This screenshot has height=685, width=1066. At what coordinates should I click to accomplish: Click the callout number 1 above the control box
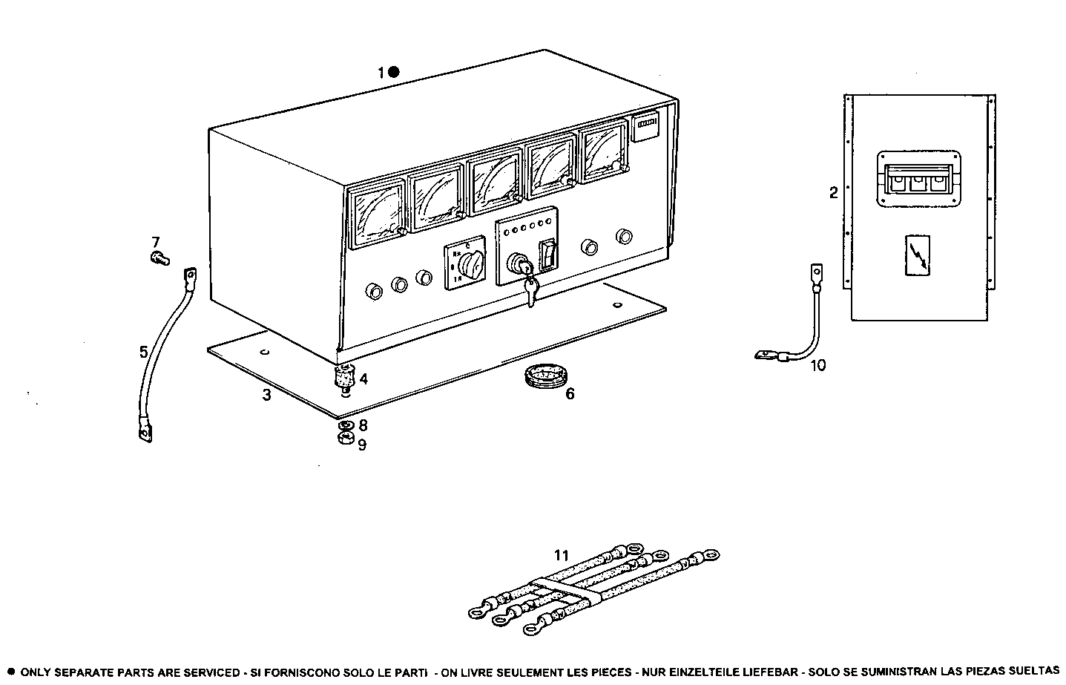381,73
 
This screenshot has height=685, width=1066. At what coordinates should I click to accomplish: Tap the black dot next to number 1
394,72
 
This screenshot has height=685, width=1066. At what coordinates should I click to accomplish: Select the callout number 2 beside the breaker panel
833,193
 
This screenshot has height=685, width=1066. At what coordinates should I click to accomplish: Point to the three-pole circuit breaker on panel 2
918,179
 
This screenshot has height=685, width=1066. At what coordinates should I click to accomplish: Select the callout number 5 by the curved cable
144,352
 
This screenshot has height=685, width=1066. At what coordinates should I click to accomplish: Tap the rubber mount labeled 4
342,378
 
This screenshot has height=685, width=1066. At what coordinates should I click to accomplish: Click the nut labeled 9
343,440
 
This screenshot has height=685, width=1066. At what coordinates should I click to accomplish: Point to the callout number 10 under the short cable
817,365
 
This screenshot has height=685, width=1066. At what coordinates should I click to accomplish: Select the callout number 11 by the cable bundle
561,555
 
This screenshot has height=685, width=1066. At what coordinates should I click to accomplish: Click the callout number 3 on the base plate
266,396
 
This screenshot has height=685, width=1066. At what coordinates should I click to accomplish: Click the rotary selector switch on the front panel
468,263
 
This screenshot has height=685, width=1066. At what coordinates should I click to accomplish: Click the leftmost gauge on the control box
377,214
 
